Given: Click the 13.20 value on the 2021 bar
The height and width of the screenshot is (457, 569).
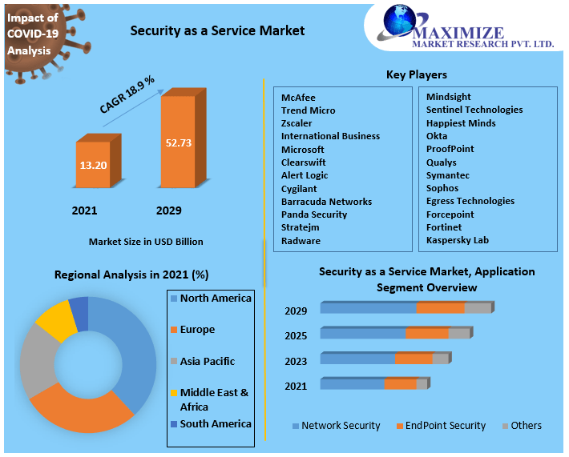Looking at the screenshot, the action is [x=93, y=165].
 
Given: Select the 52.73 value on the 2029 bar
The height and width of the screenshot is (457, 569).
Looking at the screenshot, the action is [x=179, y=142].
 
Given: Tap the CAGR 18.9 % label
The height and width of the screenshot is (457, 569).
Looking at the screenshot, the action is [x=127, y=95].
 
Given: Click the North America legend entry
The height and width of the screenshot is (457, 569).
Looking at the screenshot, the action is [x=211, y=299].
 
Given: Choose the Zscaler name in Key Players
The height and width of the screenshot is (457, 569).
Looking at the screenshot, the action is [x=297, y=123].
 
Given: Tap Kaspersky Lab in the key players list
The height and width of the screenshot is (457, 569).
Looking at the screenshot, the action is [x=458, y=240].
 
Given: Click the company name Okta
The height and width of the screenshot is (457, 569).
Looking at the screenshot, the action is [x=437, y=136].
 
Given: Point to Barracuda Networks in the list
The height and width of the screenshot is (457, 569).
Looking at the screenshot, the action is [x=326, y=202].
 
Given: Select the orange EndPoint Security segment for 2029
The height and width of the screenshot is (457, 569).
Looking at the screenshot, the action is [x=441, y=308].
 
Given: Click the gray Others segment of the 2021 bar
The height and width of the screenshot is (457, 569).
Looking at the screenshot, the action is [x=422, y=384].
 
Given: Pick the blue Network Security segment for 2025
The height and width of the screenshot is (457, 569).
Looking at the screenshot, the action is [x=363, y=334].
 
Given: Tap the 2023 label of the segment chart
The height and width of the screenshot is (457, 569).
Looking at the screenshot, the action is [x=296, y=361].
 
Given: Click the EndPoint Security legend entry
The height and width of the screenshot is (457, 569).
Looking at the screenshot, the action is [x=442, y=426].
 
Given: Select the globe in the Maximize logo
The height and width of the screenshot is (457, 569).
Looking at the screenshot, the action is [x=399, y=20].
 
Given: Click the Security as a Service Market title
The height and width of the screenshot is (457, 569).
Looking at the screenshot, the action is [x=217, y=30].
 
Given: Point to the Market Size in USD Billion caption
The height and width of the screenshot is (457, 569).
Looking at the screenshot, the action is [x=146, y=242].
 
